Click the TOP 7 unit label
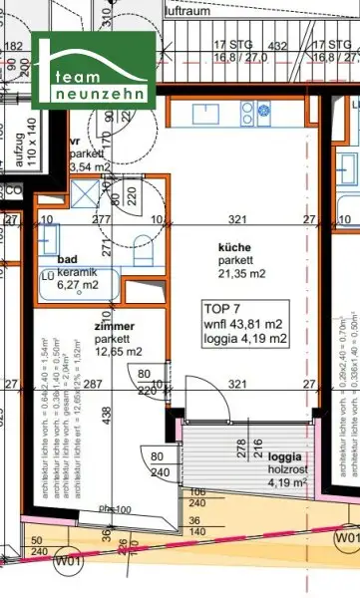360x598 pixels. coord(224,307)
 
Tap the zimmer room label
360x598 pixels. coord(115,325)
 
